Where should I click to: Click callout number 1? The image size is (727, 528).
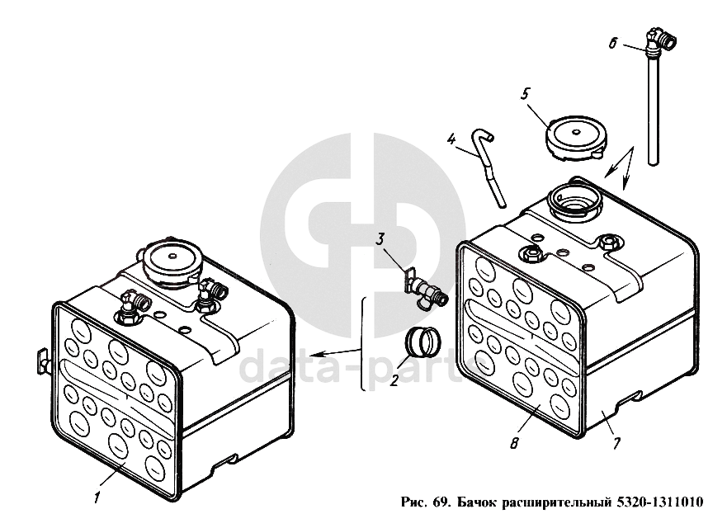(x=97, y=497)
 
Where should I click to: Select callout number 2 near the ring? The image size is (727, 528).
(x=394, y=380)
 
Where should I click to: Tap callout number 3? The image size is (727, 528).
(x=380, y=240)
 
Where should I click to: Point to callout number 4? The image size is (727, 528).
(x=451, y=139)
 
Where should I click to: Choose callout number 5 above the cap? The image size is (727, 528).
(x=525, y=94)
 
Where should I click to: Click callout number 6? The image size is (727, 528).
(x=613, y=44)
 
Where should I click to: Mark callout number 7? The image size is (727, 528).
(x=616, y=443)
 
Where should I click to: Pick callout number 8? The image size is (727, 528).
(x=514, y=443)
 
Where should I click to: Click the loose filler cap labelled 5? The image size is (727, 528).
(x=575, y=138)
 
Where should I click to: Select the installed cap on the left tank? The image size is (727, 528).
(x=172, y=262)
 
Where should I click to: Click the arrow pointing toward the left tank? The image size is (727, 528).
(x=335, y=352)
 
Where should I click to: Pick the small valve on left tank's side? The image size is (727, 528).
(x=43, y=361)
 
